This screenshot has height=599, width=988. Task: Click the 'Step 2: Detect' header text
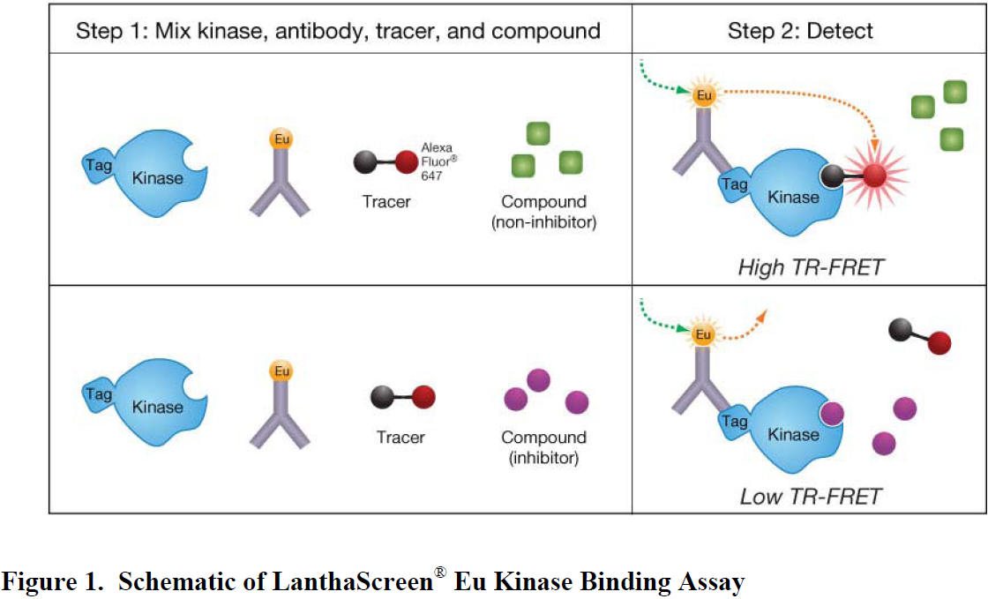click(799, 31)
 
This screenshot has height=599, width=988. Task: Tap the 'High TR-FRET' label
click(811, 267)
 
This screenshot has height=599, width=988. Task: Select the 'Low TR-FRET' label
click(811, 497)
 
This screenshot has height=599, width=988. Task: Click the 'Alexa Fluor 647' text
click(438, 161)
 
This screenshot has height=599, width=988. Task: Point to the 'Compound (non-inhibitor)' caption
click(543, 212)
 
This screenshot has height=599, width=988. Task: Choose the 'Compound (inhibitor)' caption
click(543, 447)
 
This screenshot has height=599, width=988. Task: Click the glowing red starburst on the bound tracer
click(874, 176)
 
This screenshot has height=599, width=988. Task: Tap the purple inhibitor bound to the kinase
click(832, 414)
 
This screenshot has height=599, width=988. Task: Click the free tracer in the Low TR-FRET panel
click(920, 336)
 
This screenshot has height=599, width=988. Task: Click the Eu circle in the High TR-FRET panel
click(704, 95)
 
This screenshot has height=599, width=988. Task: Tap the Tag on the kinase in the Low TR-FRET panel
click(734, 422)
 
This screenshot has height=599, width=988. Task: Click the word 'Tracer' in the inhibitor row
click(400, 438)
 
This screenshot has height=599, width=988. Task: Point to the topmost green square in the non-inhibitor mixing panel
click(538, 133)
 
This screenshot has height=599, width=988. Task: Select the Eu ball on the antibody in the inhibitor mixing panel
click(281, 371)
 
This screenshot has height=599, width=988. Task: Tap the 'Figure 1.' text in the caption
click(53, 580)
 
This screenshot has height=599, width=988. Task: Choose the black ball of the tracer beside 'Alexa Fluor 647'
click(365, 161)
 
